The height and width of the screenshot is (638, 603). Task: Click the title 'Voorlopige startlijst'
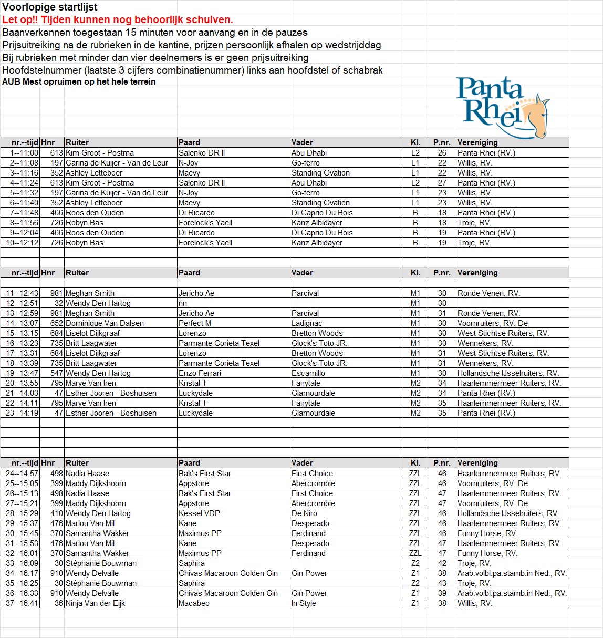50,7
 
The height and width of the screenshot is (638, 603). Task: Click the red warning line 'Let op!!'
118,20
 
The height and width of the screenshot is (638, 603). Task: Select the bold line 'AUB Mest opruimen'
79,82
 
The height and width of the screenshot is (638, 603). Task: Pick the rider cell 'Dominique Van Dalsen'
105,323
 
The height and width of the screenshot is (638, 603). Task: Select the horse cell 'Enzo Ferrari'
200,373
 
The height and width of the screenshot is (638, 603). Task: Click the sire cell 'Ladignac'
307,323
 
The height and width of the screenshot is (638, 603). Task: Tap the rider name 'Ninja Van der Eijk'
95,603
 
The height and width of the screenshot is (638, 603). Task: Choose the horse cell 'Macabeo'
194,603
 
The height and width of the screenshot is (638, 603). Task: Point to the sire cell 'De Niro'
304,513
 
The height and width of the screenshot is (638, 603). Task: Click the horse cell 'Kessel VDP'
199,513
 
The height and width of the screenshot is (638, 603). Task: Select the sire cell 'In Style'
304,603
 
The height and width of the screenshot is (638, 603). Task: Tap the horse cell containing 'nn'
183,303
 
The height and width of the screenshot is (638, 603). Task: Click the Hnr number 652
56,323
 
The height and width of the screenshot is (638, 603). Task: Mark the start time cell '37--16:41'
22,603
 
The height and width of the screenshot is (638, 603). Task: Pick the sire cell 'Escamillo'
308,373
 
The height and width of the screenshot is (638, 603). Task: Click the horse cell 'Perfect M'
195,323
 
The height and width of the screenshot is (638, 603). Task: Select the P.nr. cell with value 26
442,153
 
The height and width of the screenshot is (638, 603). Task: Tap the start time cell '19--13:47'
22,373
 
